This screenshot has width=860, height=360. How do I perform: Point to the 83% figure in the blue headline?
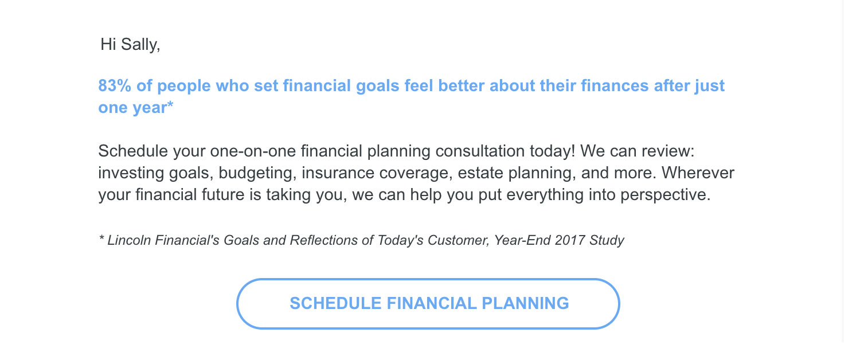click(115, 85)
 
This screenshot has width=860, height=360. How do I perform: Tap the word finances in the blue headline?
click(615, 85)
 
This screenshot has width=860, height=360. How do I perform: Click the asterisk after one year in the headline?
click(170, 104)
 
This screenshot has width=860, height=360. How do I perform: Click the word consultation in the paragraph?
click(480, 151)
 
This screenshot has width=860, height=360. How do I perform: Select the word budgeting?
click(257, 173)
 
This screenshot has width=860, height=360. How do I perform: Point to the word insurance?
click(338, 173)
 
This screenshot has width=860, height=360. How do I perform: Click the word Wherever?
click(698, 173)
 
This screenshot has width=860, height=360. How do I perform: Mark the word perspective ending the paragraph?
click(665, 195)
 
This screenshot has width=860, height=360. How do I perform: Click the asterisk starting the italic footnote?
click(101, 238)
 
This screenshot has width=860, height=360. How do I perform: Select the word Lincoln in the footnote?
click(129, 240)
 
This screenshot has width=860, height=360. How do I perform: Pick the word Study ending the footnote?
click(607, 241)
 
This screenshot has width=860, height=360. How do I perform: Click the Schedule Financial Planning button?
click(428, 304)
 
